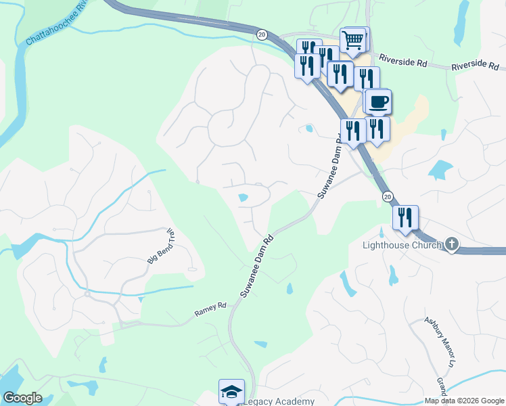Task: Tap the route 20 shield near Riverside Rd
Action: pyautogui.click(x=262, y=35)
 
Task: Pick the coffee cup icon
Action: pyautogui.click(x=379, y=102)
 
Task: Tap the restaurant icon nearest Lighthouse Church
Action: pyautogui.click(x=405, y=218)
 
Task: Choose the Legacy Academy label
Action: pyautogui.click(x=279, y=401)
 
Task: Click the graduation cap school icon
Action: pyautogui.click(x=231, y=391)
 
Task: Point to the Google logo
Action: pyautogui.click(x=22, y=398)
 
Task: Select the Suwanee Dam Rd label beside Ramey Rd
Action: pyautogui.click(x=256, y=267)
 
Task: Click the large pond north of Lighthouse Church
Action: pyautogui.click(x=440, y=169)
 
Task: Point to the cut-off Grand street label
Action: pyautogui.click(x=442, y=388)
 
